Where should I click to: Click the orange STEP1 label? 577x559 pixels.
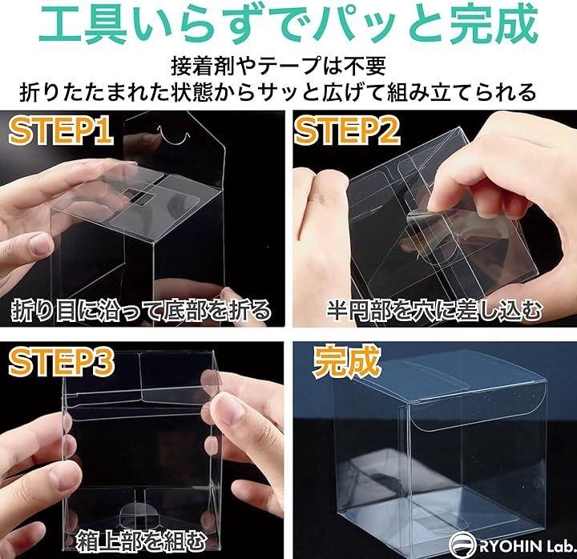(61, 131)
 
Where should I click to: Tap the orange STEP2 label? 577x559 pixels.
(347, 131)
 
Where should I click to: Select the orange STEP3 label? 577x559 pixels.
(61, 362)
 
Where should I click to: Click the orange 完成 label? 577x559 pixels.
(345, 361)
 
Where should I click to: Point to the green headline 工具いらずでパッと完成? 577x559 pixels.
(288, 26)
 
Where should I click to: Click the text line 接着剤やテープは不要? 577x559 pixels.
(278, 66)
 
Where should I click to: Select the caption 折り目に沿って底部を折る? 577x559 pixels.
(141, 312)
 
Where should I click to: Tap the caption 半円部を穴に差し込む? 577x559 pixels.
(434, 312)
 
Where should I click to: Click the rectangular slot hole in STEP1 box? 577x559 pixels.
(139, 195)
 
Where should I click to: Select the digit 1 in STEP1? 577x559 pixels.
(104, 131)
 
